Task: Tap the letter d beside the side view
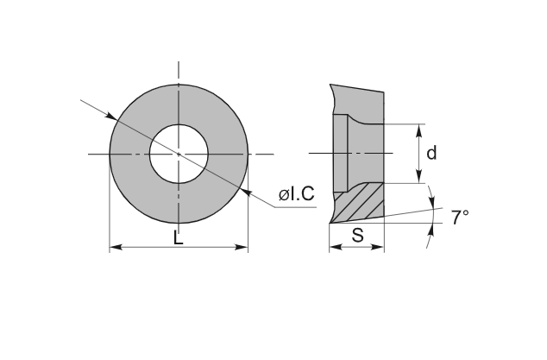[x=431, y=153]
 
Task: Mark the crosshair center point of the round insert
[x=179, y=154]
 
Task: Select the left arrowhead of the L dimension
[x=115, y=249]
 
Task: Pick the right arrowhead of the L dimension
[x=243, y=249]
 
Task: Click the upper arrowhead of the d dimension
[x=419, y=129]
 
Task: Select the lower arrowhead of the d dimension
[x=419, y=178]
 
